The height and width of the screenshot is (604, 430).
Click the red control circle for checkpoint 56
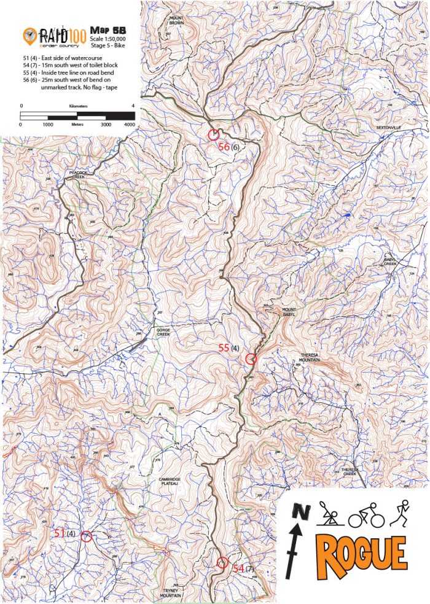pyautogui.click(x=214, y=134)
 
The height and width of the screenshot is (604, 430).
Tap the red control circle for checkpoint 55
pyautogui.click(x=250, y=358)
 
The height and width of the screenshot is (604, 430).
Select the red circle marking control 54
pyautogui.click(x=222, y=562)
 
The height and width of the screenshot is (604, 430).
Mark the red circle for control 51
pyautogui.click(x=87, y=536)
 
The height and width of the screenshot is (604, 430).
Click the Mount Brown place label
pyautogui.click(x=177, y=20)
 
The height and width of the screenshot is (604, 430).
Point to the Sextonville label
pyautogui.click(x=388, y=127)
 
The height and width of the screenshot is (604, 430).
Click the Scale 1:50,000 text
pyautogui.click(x=111, y=38)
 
